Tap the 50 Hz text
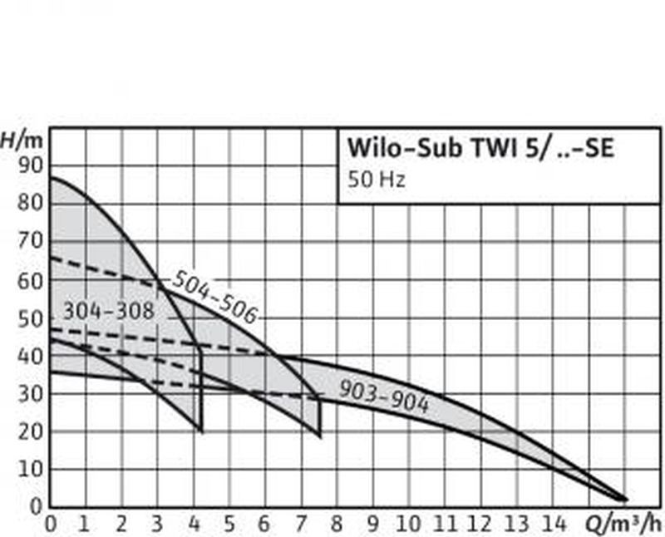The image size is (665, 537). coord(374,179)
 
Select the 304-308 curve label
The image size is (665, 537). coord(109,312)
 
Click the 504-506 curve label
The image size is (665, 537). coord(214,296)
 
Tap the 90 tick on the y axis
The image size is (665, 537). coord(29,165)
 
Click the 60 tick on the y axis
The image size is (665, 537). coord(29,280)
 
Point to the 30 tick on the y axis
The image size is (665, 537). coord(29,393)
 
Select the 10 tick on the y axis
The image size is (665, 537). coord(29,468)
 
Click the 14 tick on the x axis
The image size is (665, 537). coord(554,524)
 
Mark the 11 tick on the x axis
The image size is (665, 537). coord(446,524)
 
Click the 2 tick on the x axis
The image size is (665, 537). coord(122,524)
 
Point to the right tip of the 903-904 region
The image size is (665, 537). coord(626,500)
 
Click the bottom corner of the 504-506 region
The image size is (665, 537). coord(320,436)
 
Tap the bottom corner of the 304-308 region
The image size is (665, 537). coord(202,430)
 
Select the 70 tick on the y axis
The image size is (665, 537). coord(29,242)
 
